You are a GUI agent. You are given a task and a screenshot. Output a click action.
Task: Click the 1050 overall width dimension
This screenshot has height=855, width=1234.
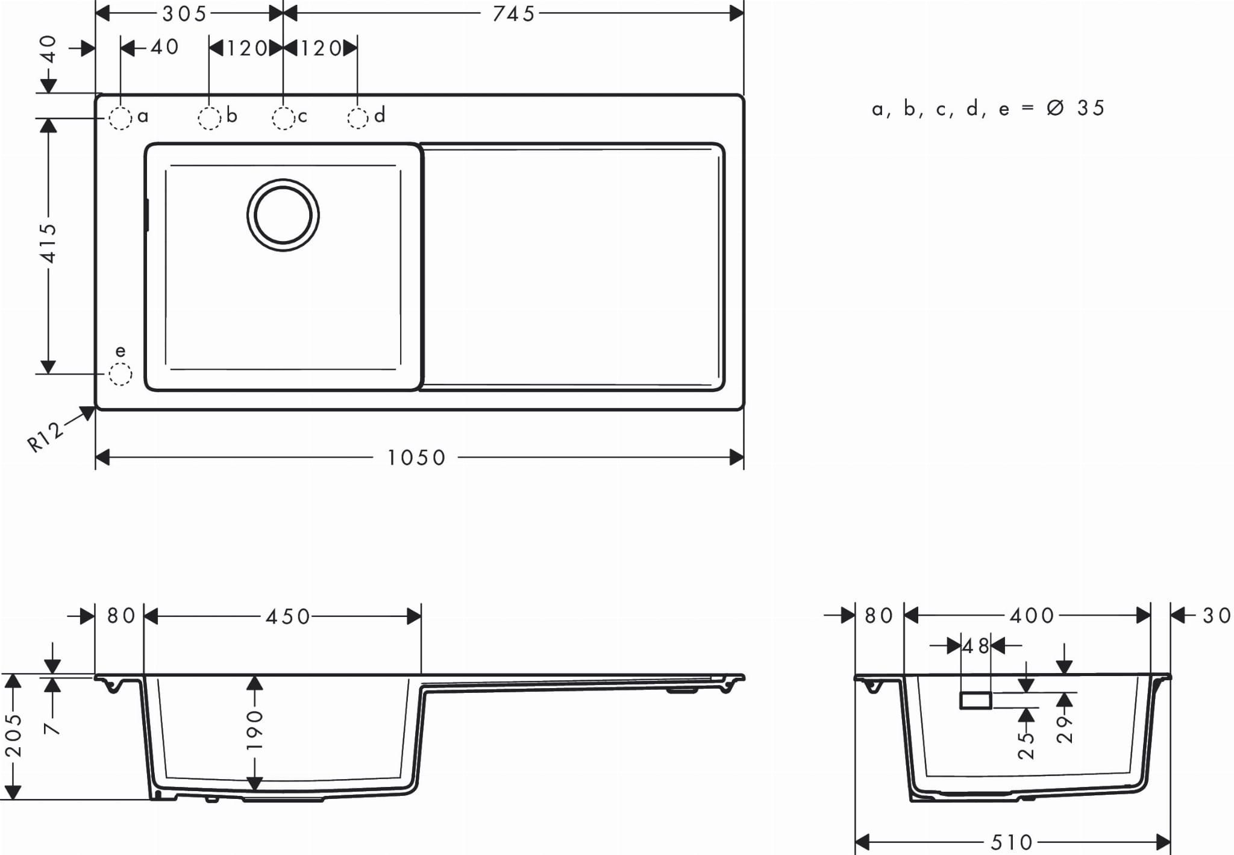(416, 458)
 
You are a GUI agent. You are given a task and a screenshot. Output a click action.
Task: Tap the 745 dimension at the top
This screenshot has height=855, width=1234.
(513, 14)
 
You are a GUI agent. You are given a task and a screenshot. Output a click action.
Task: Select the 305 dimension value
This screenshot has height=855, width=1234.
(185, 14)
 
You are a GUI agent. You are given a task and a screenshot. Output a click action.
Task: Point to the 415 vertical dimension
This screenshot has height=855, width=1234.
(48, 243)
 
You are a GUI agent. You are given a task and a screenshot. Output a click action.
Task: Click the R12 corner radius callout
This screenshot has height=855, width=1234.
(46, 436)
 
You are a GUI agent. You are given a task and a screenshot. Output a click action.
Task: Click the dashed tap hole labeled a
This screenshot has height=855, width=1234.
(120, 119)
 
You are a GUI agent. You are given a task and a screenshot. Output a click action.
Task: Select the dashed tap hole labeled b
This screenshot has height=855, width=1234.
(209, 119)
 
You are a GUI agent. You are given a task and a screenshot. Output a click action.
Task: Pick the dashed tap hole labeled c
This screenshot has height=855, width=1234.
(283, 119)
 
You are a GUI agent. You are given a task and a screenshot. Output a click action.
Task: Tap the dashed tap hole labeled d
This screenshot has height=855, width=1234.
(358, 119)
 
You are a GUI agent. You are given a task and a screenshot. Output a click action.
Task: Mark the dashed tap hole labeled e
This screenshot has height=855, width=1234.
(120, 374)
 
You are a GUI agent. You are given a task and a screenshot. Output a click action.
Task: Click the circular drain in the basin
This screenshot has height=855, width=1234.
(283, 215)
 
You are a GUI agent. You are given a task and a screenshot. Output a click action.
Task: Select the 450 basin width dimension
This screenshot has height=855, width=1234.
(288, 616)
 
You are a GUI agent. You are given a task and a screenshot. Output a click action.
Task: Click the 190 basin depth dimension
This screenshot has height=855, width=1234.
(255, 730)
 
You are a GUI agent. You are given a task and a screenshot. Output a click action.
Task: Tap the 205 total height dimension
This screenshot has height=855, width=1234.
(13, 736)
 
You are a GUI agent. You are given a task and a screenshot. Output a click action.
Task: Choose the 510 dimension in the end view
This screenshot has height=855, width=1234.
(1012, 842)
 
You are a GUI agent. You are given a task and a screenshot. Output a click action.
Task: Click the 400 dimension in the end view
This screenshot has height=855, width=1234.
(1032, 616)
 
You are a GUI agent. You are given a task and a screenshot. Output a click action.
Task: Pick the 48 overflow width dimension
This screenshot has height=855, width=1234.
(976, 647)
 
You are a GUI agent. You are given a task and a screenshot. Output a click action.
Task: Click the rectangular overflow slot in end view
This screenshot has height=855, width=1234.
(976, 700)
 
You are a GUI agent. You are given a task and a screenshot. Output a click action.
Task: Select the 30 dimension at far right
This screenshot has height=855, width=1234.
(1217, 616)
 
